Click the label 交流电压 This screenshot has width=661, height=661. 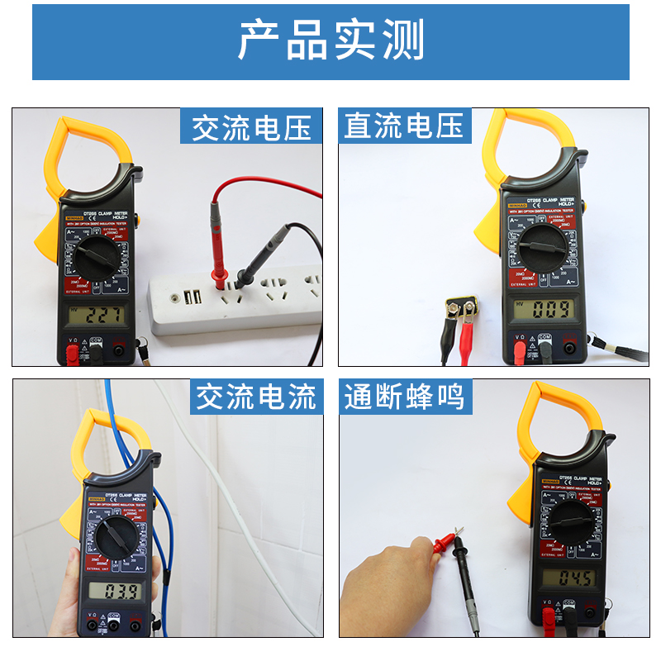[x=251, y=127]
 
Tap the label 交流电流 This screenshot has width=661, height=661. [x=255, y=397]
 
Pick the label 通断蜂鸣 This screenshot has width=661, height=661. [x=404, y=397]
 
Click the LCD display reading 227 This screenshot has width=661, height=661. [x=97, y=315]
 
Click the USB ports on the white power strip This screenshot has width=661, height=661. [x=193, y=297]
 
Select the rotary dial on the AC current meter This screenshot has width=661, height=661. [x=116, y=541]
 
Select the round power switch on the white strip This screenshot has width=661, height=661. [x=174, y=300]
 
